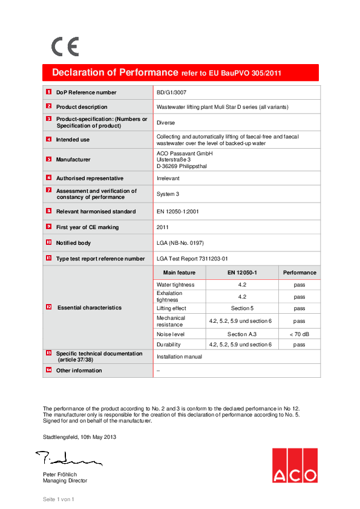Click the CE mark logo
point(65,47)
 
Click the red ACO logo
point(294,465)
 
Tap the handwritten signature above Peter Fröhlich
point(67,458)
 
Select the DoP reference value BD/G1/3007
point(172,92)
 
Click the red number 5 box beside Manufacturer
point(48,159)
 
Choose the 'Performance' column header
point(299,273)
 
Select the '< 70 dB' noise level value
point(299,334)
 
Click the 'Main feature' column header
point(179,273)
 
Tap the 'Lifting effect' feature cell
point(172,308)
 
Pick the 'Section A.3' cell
point(241,334)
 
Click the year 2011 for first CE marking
point(163,227)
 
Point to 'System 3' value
point(168,194)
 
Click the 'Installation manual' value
point(179,357)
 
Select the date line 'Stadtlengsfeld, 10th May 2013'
point(79,436)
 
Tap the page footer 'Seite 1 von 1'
point(57,499)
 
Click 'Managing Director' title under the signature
point(65,481)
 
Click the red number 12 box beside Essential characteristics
point(48,307)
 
